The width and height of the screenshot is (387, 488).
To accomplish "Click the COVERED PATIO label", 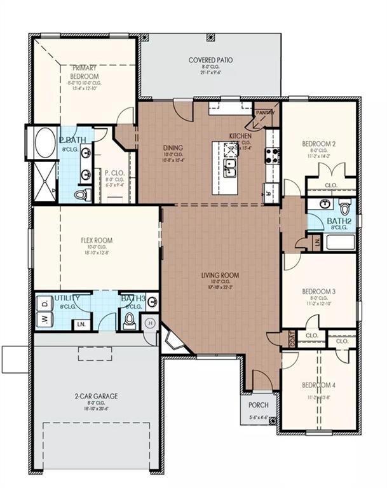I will pyautogui.click(x=210, y=60).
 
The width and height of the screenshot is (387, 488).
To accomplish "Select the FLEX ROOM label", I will pyautogui.click(x=96, y=240).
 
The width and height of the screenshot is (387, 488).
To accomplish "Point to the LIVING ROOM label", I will pyautogui.click(x=220, y=275).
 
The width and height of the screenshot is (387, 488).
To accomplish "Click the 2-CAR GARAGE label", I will pyautogui.click(x=96, y=396).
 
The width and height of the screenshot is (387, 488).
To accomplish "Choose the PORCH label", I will pyautogui.click(x=258, y=405).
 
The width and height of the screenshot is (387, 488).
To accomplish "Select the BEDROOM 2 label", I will pyautogui.click(x=319, y=144).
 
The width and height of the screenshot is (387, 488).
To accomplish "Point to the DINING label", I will pyautogui.click(x=173, y=147).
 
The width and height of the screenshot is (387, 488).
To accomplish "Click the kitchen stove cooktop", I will pyautogui.click(x=273, y=156).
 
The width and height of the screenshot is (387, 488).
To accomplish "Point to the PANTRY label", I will pyautogui.click(x=265, y=113).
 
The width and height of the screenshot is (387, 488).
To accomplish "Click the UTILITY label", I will pyautogui.click(x=67, y=297).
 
